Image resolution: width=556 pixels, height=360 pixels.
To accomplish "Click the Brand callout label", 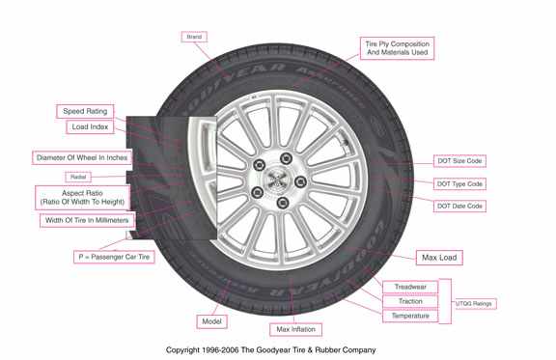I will pyautogui.click(x=194, y=37).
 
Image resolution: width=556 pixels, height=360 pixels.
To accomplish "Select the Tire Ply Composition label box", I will pyautogui.click(x=397, y=47).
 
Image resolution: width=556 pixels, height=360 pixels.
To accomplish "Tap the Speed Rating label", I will pyautogui.click(x=86, y=111).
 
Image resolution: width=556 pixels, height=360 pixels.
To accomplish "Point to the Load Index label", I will pyautogui.click(x=92, y=126).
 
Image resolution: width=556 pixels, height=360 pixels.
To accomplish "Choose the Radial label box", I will pyautogui.click(x=78, y=178).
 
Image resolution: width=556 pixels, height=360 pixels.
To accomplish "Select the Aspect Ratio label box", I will pyautogui.click(x=82, y=197).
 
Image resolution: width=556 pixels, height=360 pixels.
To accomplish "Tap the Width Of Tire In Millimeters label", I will pyautogui.click(x=88, y=220).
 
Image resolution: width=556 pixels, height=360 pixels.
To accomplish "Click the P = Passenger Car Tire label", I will pyautogui.click(x=115, y=257).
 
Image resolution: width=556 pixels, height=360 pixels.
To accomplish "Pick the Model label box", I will pyautogui.click(x=212, y=321).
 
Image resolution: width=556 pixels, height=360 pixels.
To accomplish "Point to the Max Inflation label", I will pyautogui.click(x=296, y=329).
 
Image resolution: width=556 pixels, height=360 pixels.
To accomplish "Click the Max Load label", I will pyautogui.click(x=439, y=258).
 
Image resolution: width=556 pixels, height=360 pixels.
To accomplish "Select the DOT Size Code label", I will pyautogui.click(x=459, y=161).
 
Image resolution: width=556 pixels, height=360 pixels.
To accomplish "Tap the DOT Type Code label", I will pyautogui.click(x=459, y=183).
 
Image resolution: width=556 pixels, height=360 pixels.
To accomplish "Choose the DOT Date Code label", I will pyautogui.click(x=459, y=206).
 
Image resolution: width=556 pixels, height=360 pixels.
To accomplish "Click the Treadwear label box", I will pyautogui.click(x=410, y=287).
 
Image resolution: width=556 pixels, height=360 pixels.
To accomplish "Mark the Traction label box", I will pyautogui.click(x=410, y=301).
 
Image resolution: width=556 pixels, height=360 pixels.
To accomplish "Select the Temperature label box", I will pyautogui.click(x=410, y=316).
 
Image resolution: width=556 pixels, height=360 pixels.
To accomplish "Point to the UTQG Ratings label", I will pyautogui.click(x=475, y=304).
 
